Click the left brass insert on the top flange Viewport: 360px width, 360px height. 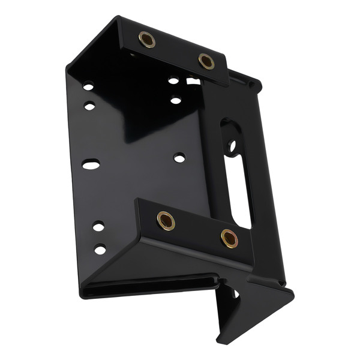click(147, 40)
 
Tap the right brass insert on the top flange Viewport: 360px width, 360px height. click(206, 61)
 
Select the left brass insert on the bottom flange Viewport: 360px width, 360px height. click(165, 220)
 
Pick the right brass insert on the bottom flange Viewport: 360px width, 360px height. click(229, 238)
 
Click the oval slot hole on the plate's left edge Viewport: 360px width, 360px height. click(91, 163)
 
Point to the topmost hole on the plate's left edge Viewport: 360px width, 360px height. click(88, 86)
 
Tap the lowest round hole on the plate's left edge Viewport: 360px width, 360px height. click(100, 249)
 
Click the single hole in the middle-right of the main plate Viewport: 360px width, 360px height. click(179, 158)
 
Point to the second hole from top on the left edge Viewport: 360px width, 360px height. click(89, 107)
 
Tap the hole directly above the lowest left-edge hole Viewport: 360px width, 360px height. click(98, 226)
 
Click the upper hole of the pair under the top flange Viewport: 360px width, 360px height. click(173, 80)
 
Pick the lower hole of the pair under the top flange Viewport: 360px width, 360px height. click(175, 100)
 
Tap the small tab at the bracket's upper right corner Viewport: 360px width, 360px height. click(255, 84)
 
